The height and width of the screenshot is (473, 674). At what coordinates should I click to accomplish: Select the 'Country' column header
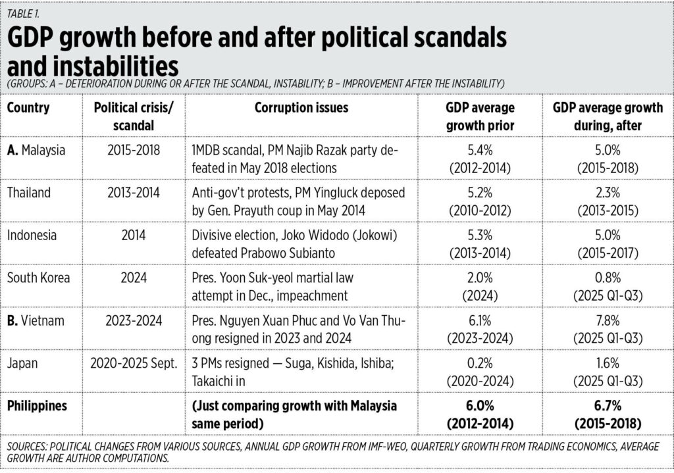click(x=28, y=108)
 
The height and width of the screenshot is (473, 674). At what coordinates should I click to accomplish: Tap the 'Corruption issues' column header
click(x=301, y=108)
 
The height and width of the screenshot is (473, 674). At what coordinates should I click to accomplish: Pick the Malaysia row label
click(x=43, y=151)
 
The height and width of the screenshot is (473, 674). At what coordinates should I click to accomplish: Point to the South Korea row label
click(x=38, y=277)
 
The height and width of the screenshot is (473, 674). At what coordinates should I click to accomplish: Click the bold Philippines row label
click(x=37, y=405)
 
